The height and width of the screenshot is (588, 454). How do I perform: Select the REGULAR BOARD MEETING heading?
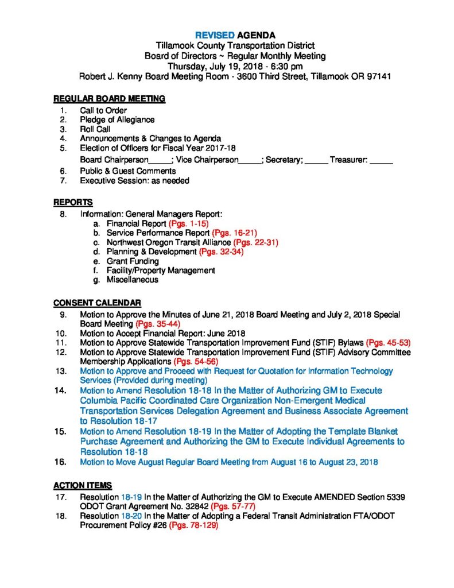tap(110, 99)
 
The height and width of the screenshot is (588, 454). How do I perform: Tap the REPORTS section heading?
tap(73, 203)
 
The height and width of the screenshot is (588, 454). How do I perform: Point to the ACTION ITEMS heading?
tap(83, 485)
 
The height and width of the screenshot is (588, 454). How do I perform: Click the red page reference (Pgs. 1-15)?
tap(188, 223)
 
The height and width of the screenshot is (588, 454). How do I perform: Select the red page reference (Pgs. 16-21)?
tap(230, 233)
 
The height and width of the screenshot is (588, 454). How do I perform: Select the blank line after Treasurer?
tap(381, 160)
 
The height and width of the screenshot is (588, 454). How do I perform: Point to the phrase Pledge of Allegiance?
tap(117, 119)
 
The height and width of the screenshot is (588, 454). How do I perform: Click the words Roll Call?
tap(95, 129)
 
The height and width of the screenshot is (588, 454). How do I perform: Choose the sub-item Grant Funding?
tap(133, 261)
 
